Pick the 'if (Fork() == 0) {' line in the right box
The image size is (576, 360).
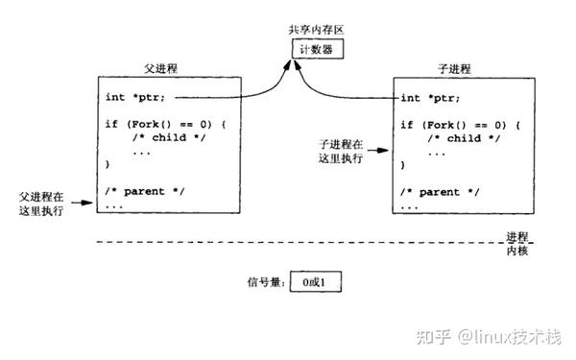coord(459,125)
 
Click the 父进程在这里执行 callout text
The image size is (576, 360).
coord(40,203)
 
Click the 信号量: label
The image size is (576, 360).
coord(266,282)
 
